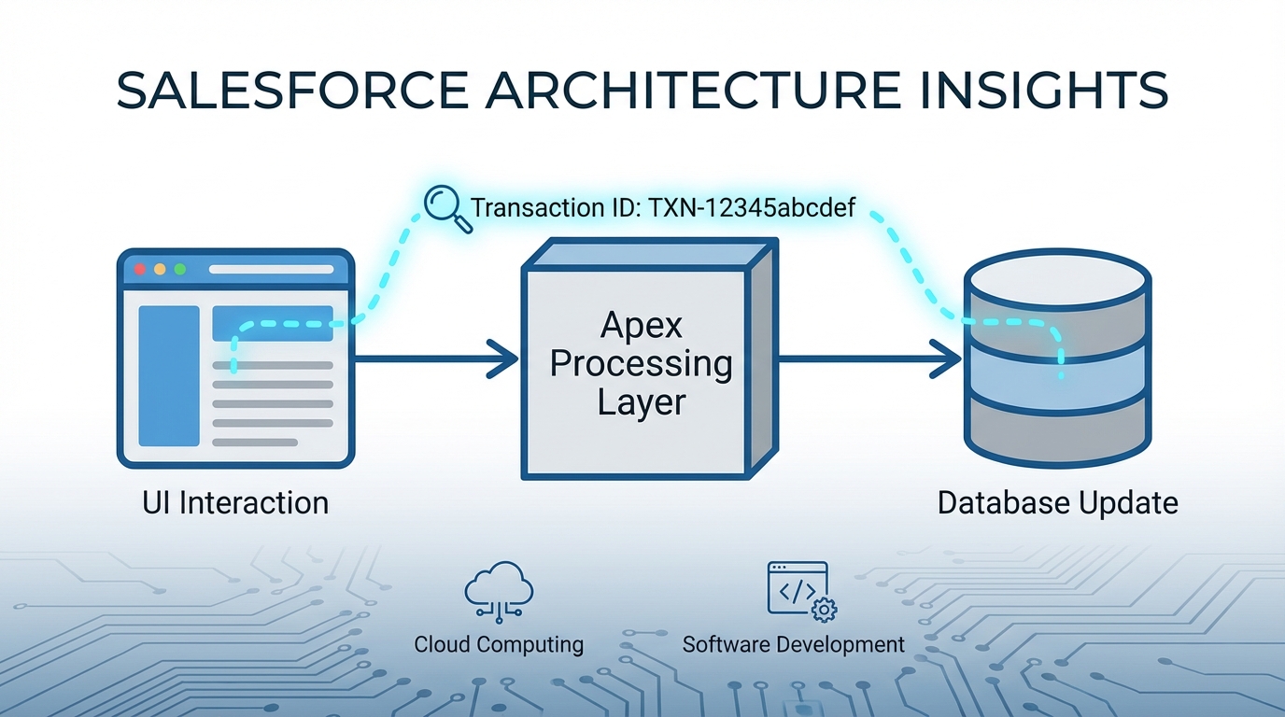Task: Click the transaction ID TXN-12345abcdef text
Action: (x=662, y=207)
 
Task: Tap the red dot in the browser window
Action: (x=140, y=269)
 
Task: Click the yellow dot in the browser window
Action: (x=160, y=269)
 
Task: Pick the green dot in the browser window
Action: (x=179, y=269)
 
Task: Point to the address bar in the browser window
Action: (x=271, y=269)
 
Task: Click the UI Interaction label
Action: (x=235, y=503)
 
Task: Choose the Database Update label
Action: (x=1057, y=503)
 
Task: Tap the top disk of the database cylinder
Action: (x=1057, y=276)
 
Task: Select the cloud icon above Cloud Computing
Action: (x=499, y=590)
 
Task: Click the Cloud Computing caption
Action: (x=499, y=644)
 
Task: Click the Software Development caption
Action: (x=793, y=644)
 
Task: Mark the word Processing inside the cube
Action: (x=641, y=364)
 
